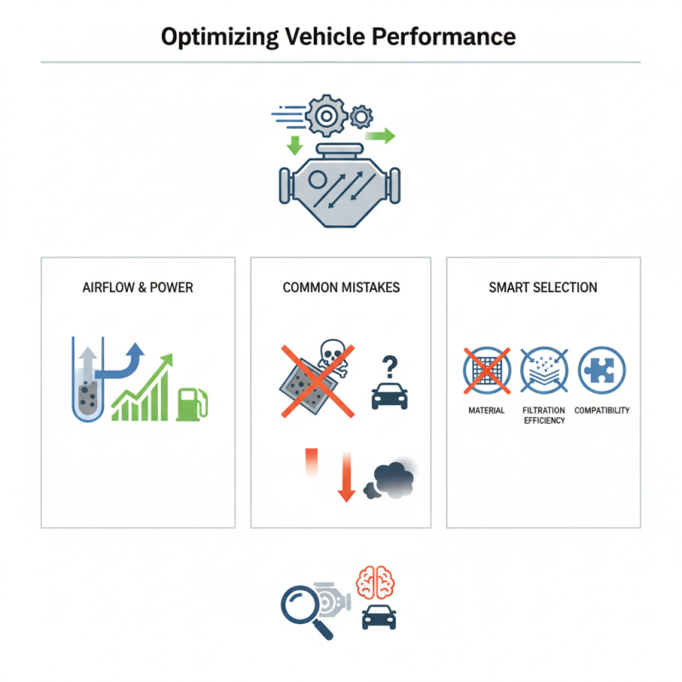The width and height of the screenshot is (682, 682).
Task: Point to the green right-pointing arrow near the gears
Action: (380, 135)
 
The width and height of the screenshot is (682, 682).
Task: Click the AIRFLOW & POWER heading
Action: (138, 287)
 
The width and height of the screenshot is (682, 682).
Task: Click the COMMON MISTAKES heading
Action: (341, 287)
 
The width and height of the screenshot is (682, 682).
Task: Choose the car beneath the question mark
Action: (389, 395)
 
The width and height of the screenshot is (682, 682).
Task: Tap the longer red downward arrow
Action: (345, 475)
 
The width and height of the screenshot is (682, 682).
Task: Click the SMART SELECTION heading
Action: (543, 287)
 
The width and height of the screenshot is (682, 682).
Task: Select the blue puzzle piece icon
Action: (601, 371)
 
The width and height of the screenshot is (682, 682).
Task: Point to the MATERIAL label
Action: (487, 410)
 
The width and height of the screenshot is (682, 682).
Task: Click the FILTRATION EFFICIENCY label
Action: (544, 415)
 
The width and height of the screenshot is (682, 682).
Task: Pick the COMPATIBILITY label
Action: (602, 410)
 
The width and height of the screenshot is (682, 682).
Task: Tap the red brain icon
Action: (378, 582)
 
